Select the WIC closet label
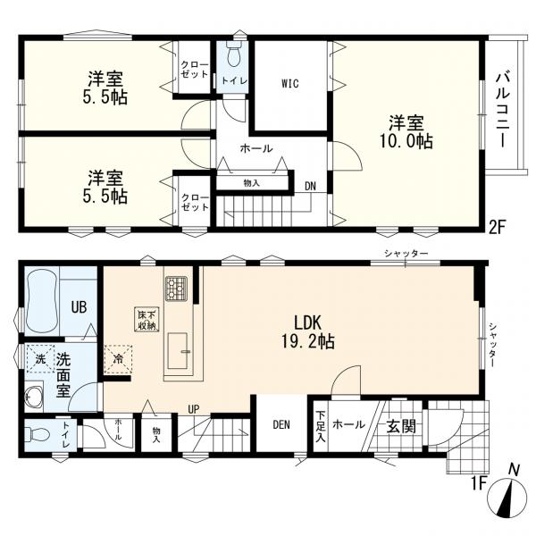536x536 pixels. pos(289,85)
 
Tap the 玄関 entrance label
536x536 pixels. pos(401,426)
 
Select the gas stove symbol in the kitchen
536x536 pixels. pos(174,288)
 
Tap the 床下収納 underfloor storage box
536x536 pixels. pos(147,319)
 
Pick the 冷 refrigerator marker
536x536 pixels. pos(119,359)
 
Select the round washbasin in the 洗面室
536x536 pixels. pos(36,396)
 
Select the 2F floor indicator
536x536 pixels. pos(498,226)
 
